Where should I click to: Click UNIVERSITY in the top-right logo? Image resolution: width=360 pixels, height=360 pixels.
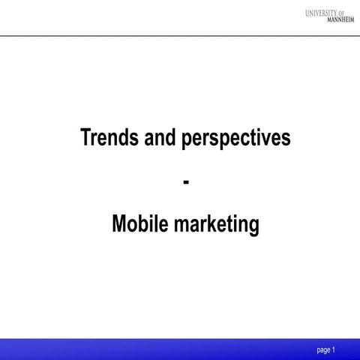tap(324, 12)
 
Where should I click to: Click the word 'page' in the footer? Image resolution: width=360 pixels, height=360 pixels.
tap(324, 350)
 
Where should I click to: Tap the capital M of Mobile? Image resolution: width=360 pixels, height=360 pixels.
tap(120, 224)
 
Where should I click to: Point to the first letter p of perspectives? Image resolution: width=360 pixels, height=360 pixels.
tap(185, 141)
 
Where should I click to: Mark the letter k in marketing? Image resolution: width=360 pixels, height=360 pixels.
tap(208, 224)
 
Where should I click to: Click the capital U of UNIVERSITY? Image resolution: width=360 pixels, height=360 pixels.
tap(308, 12)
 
